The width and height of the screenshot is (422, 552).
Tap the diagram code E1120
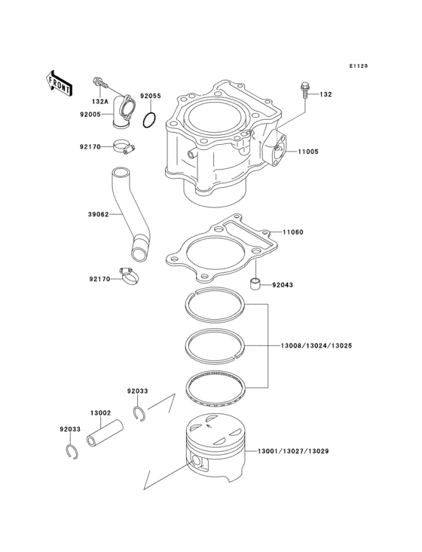tap(358, 67)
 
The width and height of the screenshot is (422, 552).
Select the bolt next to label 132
tap(305, 89)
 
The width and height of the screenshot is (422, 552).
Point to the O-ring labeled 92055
tap(151, 120)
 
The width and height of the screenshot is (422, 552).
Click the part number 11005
tap(307, 152)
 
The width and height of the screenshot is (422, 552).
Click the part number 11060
tap(294, 232)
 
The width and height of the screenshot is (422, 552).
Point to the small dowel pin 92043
tap(257, 284)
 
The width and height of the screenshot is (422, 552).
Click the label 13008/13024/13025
tap(316, 345)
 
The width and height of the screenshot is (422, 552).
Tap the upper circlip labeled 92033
tap(139, 412)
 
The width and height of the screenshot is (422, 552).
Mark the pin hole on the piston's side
tap(198, 462)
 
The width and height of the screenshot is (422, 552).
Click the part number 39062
tap(99, 214)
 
